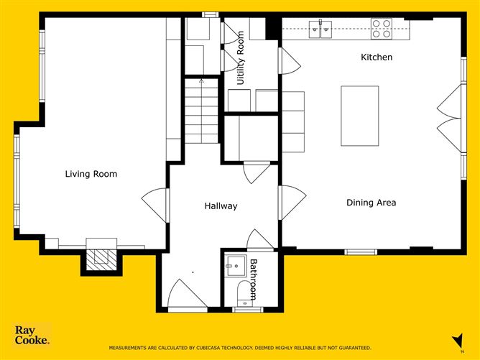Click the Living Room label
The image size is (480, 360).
coord(91,174)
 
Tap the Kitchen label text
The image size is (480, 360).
coord(376,57)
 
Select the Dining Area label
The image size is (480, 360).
coord(371,203)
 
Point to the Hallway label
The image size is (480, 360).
coord(221,206)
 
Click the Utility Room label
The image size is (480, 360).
coord(241,58)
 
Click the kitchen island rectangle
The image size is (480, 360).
coord(359,116)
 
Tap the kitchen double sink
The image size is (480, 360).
coord(320,29)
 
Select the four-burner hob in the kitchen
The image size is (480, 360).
coord(382,29)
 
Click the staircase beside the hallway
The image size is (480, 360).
coord(200,115)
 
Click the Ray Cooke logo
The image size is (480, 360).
coord(32,335)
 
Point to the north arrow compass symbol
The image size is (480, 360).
coord(456,340)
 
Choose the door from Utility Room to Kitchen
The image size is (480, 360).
coord(288,60)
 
